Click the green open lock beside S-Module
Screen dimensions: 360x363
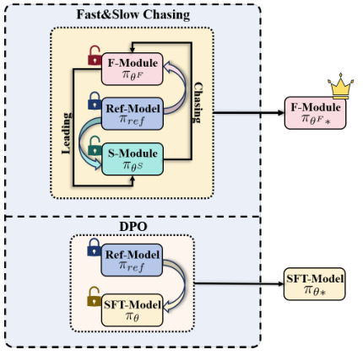(94, 150)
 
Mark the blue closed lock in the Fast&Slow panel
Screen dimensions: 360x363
(94, 105)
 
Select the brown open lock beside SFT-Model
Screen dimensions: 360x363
(94, 297)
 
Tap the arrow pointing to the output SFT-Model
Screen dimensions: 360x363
(241, 284)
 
